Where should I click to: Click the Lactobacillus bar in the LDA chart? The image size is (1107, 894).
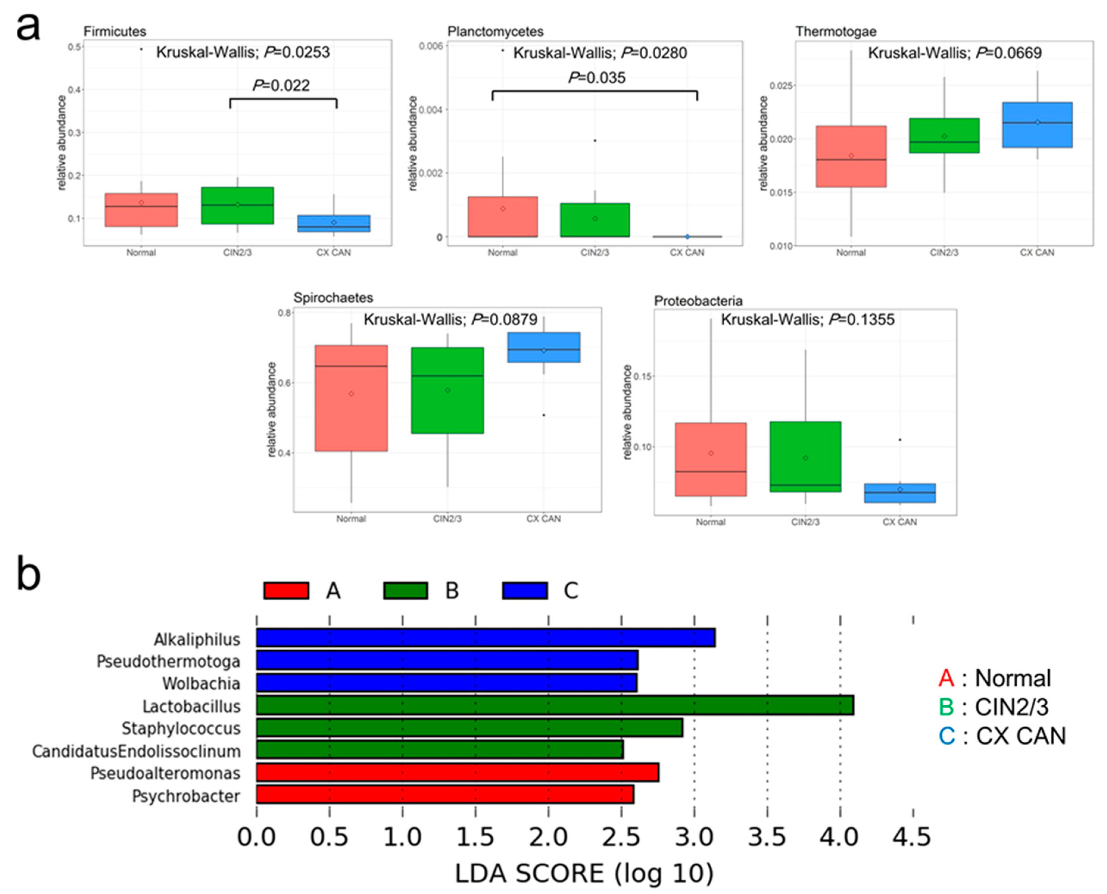(x=554, y=705)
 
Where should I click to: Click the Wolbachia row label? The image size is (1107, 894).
(x=201, y=683)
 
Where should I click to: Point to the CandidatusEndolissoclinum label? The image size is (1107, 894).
(x=136, y=751)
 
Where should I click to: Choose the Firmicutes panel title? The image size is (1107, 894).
(x=115, y=32)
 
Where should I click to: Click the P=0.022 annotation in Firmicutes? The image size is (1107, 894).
(x=281, y=85)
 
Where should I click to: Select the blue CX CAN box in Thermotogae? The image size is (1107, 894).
(x=1037, y=125)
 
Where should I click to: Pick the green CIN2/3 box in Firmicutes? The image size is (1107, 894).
(x=237, y=205)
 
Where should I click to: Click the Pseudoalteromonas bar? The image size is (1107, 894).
(x=457, y=773)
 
